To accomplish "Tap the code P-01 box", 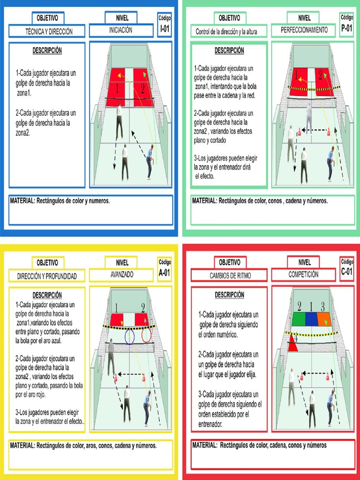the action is (347, 24).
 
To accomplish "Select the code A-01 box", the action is (165, 269).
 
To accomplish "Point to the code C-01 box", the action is (347, 268).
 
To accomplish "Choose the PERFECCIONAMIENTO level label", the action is (304, 30).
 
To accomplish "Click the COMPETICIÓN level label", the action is (303, 274).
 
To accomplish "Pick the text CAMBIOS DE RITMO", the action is (230, 276).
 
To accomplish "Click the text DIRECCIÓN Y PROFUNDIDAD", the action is (47, 276).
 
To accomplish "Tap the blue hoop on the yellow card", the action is (130, 336).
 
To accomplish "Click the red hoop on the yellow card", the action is (147, 335).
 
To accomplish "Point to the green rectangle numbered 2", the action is (299, 319).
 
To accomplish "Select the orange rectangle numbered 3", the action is (324, 319).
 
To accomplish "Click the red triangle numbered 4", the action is (293, 344).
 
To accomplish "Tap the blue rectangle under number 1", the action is (311, 319).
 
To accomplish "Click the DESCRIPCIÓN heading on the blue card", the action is (47, 50).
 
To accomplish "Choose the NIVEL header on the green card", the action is (304, 18).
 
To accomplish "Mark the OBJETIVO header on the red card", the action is (230, 262).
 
